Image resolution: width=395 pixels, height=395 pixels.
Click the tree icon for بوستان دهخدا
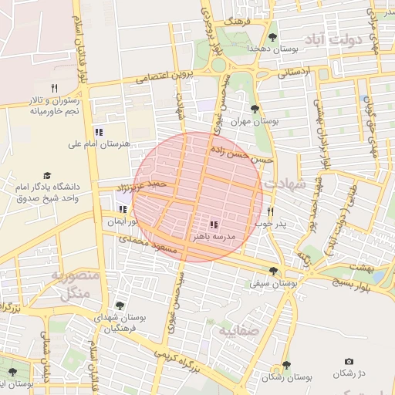272,36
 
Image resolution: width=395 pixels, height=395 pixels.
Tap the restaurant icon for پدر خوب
271,211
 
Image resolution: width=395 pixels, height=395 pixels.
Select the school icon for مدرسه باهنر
214,225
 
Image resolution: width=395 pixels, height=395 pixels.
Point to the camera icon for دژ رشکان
349,362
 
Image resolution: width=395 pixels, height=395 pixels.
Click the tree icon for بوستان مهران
255,109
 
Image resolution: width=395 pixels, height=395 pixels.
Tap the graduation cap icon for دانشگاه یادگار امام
47,176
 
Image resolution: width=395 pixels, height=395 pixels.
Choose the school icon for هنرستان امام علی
98,131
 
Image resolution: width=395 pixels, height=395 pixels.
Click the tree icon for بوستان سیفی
273,271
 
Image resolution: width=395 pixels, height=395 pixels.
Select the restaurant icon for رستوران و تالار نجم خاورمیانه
54,87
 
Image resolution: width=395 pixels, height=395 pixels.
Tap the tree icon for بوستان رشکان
286,364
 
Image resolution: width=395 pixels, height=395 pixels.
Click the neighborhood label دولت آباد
339,39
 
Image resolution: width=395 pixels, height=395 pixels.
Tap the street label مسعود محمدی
146,244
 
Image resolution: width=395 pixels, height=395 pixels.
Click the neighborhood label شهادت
285,185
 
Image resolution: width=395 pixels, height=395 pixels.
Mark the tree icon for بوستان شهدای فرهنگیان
119,306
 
